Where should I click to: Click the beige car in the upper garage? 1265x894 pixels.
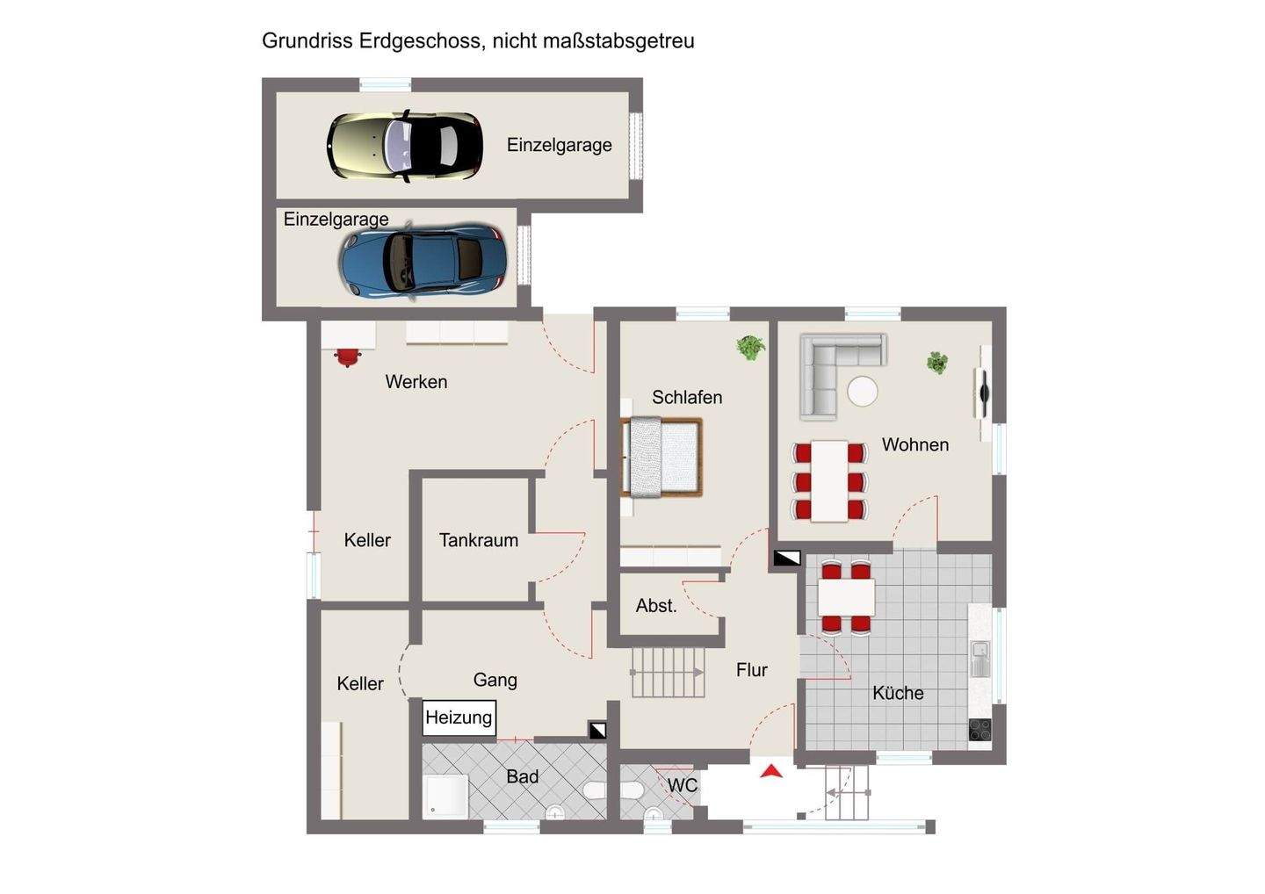(405, 144)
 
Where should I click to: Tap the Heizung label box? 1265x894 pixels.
(459, 717)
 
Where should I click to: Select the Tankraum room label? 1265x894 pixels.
(479, 540)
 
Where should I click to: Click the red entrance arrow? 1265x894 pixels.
(771, 771)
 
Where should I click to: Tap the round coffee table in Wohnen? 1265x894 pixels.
(862, 391)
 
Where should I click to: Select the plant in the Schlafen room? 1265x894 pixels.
(750, 347)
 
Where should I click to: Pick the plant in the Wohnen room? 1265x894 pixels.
(937, 362)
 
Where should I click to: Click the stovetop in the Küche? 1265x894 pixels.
(979, 729)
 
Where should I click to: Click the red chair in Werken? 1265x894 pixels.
(348, 357)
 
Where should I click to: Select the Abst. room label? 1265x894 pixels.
(656, 605)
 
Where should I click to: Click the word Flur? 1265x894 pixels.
(752, 670)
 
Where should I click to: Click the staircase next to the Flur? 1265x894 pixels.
(669, 673)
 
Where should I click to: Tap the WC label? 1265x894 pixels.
(683, 785)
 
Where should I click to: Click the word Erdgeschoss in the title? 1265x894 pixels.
(419, 40)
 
